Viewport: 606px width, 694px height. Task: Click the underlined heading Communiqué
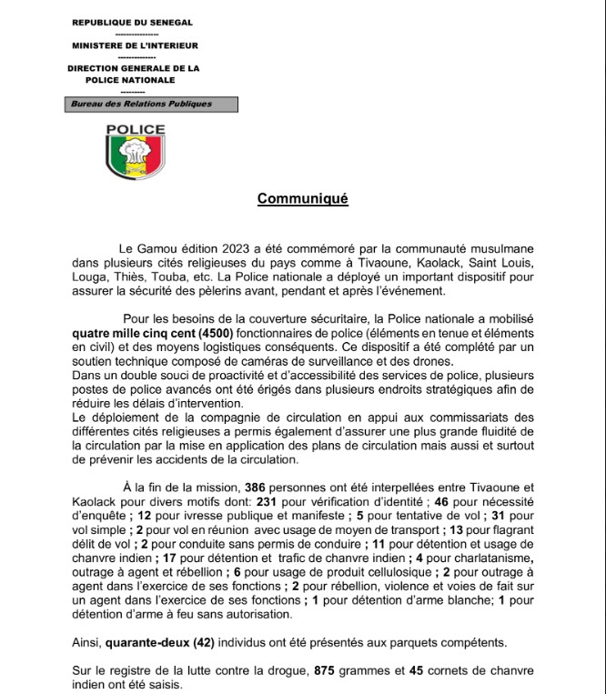tap(303, 198)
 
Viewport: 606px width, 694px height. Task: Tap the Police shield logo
tap(136, 151)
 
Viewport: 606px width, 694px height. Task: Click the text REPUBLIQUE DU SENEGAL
tap(133, 20)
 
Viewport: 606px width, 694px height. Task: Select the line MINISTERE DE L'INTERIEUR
tap(134, 45)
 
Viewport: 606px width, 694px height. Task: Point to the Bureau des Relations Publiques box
tap(142, 105)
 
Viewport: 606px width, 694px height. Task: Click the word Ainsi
tap(86, 643)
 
